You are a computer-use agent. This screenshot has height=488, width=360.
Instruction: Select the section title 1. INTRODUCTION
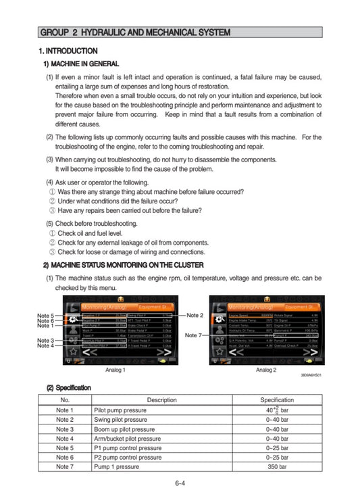click(68, 51)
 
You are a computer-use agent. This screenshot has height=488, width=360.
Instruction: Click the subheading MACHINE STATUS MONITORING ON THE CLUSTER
click(123, 264)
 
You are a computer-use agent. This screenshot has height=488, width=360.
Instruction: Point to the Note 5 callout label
click(46, 316)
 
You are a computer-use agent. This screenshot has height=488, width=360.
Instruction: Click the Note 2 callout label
click(195, 315)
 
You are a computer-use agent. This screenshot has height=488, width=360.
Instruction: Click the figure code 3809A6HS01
click(310, 376)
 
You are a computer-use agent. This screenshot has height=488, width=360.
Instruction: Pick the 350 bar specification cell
click(277, 466)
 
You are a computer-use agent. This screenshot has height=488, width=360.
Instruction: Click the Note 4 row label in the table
click(62, 438)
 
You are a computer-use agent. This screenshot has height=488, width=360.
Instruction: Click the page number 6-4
click(180, 483)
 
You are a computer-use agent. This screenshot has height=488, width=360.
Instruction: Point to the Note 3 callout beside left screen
click(46, 340)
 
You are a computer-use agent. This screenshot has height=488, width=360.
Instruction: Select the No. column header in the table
click(62, 400)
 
